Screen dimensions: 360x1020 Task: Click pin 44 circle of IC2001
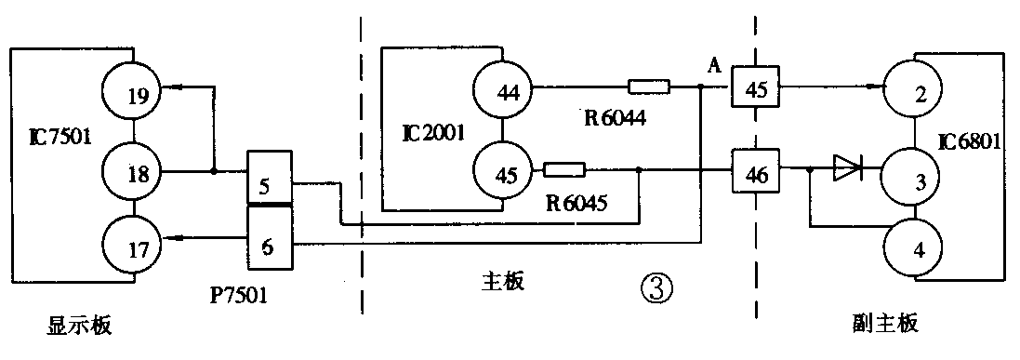coord(501,91)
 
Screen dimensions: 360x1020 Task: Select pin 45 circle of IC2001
coord(501,171)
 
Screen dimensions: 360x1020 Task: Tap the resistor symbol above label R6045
coord(564,170)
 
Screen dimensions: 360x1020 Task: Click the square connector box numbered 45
coord(755,90)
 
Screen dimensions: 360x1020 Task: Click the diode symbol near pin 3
coord(847,169)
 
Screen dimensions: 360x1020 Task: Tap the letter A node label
coord(714,64)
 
